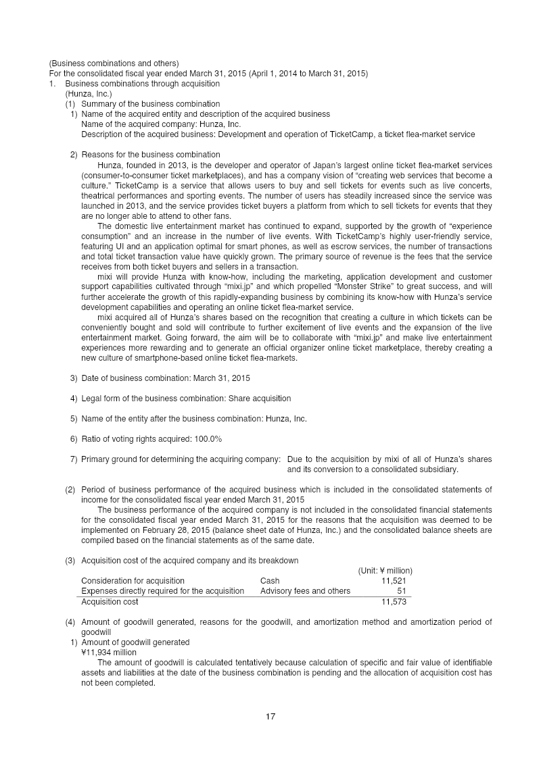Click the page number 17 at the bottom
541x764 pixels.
[270, 717]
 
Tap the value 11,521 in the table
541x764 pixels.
[394, 580]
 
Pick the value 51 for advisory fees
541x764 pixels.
[401, 590]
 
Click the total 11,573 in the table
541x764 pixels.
[394, 601]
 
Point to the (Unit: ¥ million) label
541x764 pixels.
[385, 571]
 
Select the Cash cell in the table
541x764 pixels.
[270, 580]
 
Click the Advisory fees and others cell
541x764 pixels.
[305, 590]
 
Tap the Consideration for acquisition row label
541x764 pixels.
[133, 580]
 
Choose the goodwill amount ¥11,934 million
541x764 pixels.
[109, 652]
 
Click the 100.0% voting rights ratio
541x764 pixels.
[208, 439]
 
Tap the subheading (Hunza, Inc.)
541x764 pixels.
[89, 94]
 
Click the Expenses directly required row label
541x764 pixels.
[162, 590]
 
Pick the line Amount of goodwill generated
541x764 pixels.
[135, 642]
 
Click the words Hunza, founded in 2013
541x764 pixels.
[139, 165]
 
